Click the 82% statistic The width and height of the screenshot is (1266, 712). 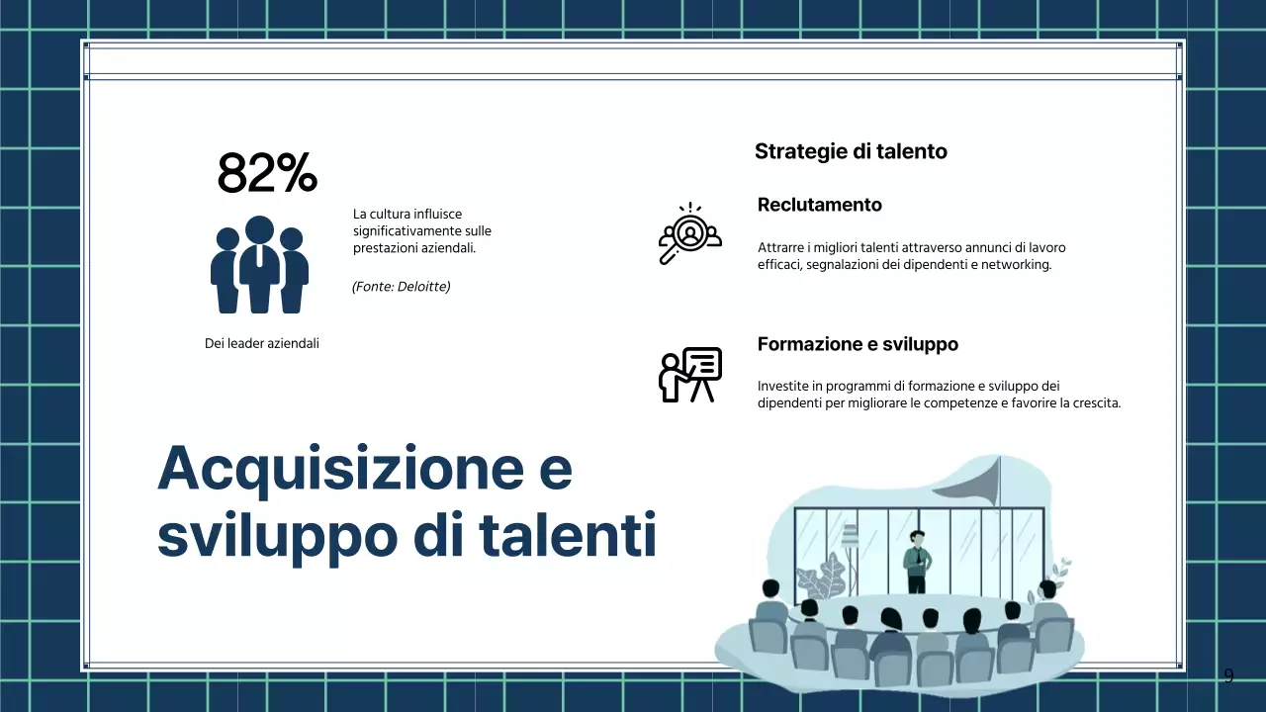pos(267,174)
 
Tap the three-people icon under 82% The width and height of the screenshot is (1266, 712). pos(259,264)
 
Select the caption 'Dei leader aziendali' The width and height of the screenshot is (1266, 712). pos(261,343)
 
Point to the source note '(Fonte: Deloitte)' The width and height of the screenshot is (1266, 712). pos(401,287)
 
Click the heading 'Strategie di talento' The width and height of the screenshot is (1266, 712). pos(851,151)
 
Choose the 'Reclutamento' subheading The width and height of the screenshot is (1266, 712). pos(819,205)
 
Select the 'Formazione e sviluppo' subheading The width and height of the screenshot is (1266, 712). pos(858,344)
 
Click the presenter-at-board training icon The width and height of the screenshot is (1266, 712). pos(689,375)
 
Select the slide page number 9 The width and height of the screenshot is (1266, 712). pos(1228,676)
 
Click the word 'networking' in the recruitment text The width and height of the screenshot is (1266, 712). pos(1015,265)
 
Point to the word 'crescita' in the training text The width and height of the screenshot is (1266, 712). pos(1094,403)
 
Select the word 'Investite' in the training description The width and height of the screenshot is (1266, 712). pos(781,386)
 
